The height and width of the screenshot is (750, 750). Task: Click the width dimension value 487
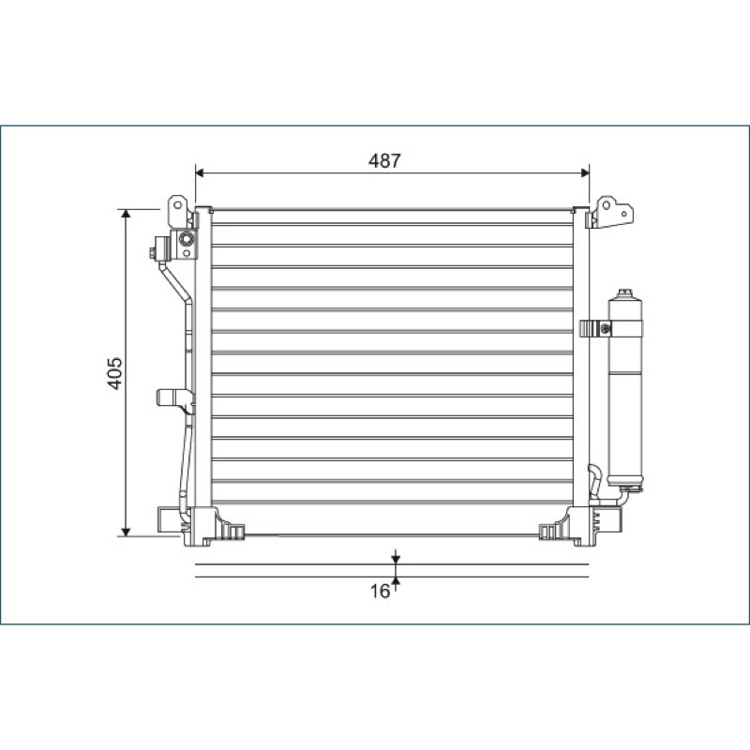coord(384,160)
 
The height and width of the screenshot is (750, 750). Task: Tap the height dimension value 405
coord(114,373)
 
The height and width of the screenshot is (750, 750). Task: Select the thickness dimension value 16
coord(381,592)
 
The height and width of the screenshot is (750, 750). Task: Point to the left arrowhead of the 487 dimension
coord(201,172)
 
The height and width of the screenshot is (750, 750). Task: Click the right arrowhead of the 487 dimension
coord(584,172)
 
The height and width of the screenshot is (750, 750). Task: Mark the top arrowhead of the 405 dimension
coord(126,214)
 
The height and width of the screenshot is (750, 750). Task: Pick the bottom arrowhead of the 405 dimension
coord(126,532)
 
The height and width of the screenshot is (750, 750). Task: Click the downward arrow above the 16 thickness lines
coord(396,557)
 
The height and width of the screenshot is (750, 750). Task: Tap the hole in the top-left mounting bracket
coord(177,205)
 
